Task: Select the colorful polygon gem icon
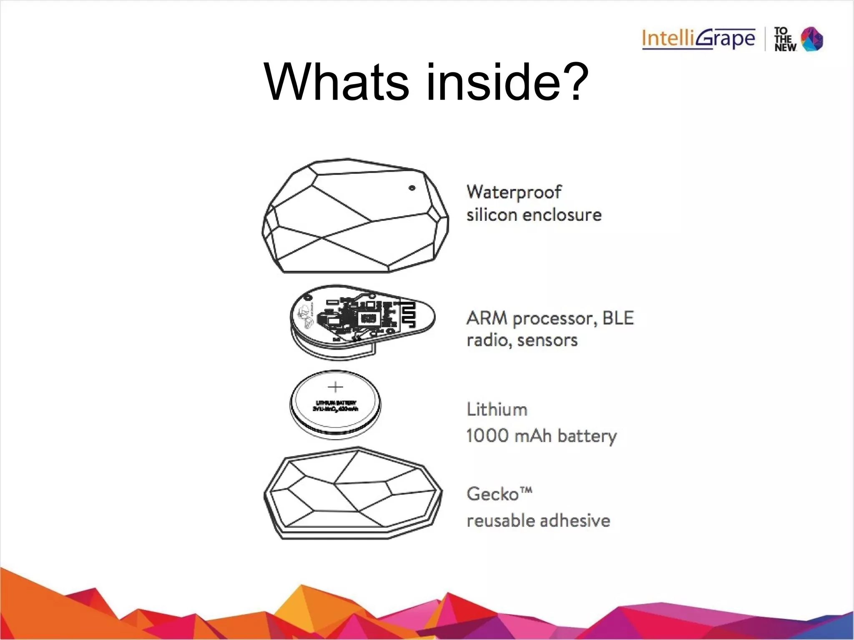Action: (812, 39)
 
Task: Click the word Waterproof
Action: (514, 192)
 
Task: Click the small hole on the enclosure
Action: (412, 188)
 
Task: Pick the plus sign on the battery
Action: (335, 387)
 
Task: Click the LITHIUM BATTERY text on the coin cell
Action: (336, 403)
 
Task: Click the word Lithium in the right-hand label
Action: (497, 410)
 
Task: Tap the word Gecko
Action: (492, 495)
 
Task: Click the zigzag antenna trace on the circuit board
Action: (411, 314)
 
